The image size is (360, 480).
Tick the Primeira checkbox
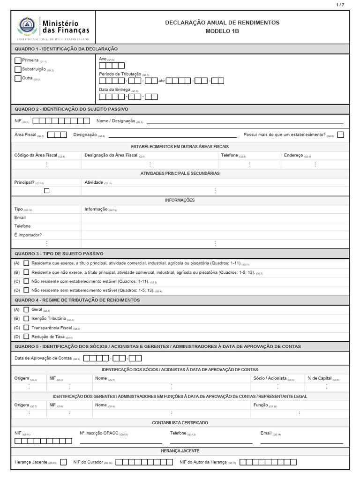tap(18, 60)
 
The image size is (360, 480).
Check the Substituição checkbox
tap(18, 69)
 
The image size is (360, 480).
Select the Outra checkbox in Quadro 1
tap(18, 78)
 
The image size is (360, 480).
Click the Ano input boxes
tap(112, 66)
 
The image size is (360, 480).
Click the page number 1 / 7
tap(340, 5)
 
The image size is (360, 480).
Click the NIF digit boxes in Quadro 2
tap(61, 121)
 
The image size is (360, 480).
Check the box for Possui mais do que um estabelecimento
tap(340, 135)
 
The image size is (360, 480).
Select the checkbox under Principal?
tap(46, 191)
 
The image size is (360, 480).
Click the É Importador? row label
tap(28, 235)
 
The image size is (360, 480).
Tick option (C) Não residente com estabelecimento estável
tap(26, 281)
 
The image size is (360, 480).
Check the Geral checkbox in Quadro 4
tap(26, 309)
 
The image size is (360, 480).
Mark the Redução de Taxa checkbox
tap(26, 336)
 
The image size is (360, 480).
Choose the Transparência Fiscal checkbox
tap(26, 327)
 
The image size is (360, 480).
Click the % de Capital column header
tap(320, 378)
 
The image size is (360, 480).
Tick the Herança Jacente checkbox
tap(63, 462)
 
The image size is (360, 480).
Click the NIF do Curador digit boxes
tap(144, 462)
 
